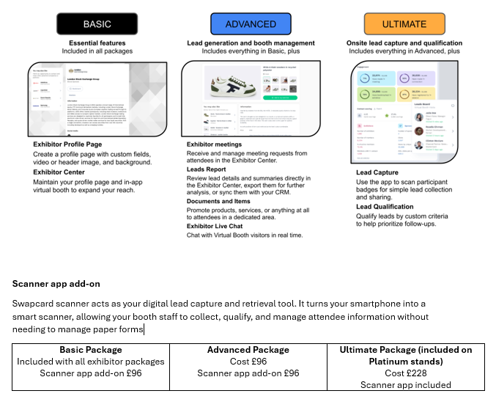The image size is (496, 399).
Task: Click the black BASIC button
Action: coord(97,23)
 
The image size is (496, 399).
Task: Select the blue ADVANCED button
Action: coord(251,23)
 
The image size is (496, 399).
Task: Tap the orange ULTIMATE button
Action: coord(404,23)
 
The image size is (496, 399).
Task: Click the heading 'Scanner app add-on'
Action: coord(56,283)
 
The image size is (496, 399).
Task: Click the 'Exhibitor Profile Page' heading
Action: coord(67,144)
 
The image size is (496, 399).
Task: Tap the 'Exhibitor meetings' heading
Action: coord(218,144)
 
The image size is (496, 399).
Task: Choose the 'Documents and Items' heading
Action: coord(219,202)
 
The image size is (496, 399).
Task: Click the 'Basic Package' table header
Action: coord(91,350)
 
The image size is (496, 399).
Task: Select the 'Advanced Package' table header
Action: coord(249,350)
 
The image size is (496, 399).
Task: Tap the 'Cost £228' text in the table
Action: coord(405,373)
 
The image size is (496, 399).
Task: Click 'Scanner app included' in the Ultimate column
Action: coord(405,385)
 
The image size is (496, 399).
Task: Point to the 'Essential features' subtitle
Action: coord(97,43)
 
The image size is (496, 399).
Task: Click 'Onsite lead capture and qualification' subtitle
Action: coord(404,43)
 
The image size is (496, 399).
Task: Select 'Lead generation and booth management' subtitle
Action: coord(251,43)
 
